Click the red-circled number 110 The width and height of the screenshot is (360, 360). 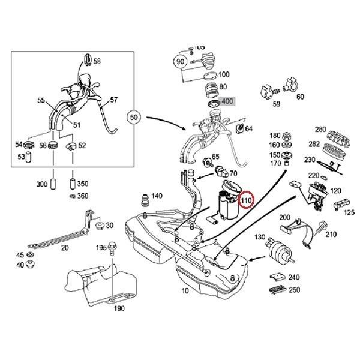246,199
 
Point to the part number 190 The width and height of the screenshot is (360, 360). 118,309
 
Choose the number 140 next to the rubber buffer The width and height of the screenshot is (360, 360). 157,196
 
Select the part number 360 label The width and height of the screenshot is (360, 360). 83,196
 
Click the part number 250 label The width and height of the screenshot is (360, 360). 294,290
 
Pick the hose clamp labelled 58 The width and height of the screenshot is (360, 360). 87,60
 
